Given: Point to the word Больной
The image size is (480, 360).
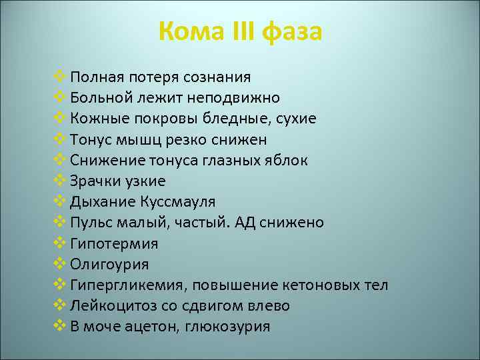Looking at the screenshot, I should [101, 98].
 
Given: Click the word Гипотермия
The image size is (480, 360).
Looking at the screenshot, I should [114, 243].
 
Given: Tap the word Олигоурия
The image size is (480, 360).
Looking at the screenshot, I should [109, 264].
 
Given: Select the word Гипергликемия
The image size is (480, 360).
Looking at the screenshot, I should [129, 285].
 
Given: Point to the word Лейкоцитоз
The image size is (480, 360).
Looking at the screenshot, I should [112, 305].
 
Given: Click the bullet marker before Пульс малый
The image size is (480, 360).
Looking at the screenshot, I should [58, 222].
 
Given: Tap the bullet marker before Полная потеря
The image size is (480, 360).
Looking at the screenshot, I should [58, 77].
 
